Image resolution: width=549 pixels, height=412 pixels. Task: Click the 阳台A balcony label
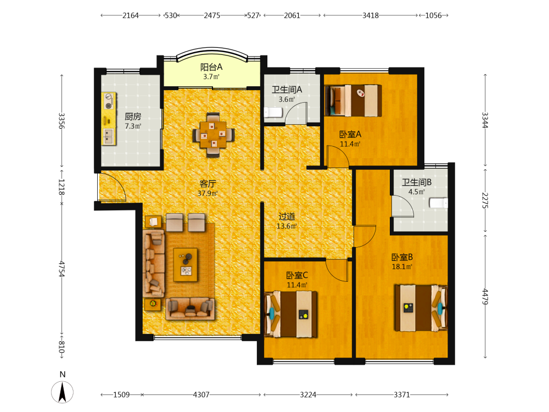click(211, 67)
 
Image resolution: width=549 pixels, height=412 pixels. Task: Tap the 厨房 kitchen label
click(133, 116)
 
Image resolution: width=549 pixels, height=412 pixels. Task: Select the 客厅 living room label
click(208, 183)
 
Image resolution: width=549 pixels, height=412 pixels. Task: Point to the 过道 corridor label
click(287, 216)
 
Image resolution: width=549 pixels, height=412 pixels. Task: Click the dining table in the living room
click(213, 135)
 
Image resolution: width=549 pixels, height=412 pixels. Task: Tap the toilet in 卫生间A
click(273, 113)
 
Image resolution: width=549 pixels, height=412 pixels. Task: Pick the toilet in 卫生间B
click(439, 203)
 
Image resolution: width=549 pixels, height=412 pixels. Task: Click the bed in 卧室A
click(353, 101)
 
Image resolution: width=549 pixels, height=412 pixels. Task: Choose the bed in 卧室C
click(291, 314)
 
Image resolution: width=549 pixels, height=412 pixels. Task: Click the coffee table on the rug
click(186, 265)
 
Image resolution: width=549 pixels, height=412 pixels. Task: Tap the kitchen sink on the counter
click(109, 136)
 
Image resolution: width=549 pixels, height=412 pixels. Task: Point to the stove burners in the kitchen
click(109, 101)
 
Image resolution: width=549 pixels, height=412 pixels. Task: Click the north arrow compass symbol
click(63, 392)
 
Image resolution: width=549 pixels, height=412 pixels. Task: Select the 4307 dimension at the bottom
click(201, 395)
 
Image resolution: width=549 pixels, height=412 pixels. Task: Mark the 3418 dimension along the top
click(371, 15)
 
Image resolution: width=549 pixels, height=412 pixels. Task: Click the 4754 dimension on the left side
click(61, 269)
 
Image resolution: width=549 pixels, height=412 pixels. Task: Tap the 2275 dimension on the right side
click(485, 201)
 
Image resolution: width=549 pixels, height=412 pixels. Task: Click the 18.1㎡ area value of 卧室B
click(402, 266)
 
